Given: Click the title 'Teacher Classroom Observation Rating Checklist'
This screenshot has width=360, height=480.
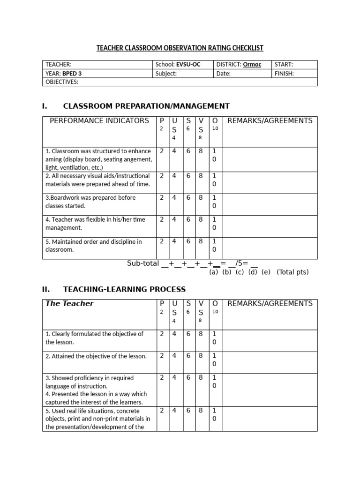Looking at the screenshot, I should (x=180, y=48).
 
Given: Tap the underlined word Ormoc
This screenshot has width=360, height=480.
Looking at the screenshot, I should (x=252, y=65).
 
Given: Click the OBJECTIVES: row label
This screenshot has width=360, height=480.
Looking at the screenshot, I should (x=62, y=82).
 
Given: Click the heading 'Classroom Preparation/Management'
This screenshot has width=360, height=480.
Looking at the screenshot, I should (x=146, y=106).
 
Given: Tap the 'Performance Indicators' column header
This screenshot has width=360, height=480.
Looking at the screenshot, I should (x=99, y=121).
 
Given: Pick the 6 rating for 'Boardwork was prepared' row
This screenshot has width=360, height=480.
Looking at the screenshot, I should (x=188, y=198).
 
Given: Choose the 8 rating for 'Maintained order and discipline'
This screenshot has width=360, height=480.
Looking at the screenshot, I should (x=201, y=241).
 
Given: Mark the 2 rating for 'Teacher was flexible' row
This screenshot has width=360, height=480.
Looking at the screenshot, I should (x=162, y=219).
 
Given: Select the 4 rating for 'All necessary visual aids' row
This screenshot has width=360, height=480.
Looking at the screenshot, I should (x=174, y=176).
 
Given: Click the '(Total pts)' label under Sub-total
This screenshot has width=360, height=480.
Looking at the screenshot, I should (x=292, y=272).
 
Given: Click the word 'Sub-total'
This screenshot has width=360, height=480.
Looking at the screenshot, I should (x=143, y=263).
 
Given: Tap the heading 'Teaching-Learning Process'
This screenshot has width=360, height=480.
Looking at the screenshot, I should (x=124, y=289).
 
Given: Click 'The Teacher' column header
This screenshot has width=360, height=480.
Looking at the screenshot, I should (x=69, y=303).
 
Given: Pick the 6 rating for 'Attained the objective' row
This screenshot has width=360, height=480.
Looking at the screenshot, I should (x=188, y=356).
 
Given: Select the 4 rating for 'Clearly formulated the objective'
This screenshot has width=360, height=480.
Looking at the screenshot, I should (x=174, y=334).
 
